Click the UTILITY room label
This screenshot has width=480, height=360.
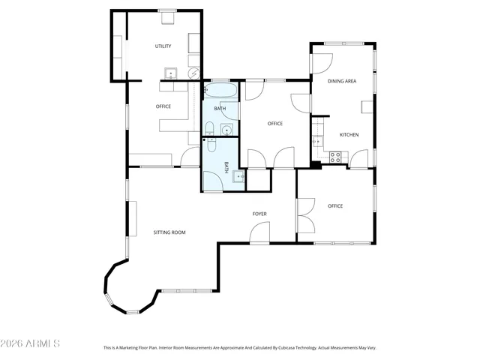163,46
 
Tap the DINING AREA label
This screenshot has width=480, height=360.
341,80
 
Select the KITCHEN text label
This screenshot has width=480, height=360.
349,135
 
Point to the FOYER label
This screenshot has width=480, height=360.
259,214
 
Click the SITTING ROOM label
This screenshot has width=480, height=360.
169,232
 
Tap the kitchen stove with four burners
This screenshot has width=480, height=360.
336,157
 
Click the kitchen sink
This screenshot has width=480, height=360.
317,140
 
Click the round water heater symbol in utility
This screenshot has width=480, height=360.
193,73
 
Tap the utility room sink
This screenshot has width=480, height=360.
171,73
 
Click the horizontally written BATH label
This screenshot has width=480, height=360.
220,109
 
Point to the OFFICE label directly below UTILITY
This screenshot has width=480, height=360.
163,106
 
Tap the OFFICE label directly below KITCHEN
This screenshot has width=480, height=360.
334,206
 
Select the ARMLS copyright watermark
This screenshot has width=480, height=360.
31,343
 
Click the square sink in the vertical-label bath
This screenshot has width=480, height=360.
238,177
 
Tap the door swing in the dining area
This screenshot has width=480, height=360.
320,63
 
